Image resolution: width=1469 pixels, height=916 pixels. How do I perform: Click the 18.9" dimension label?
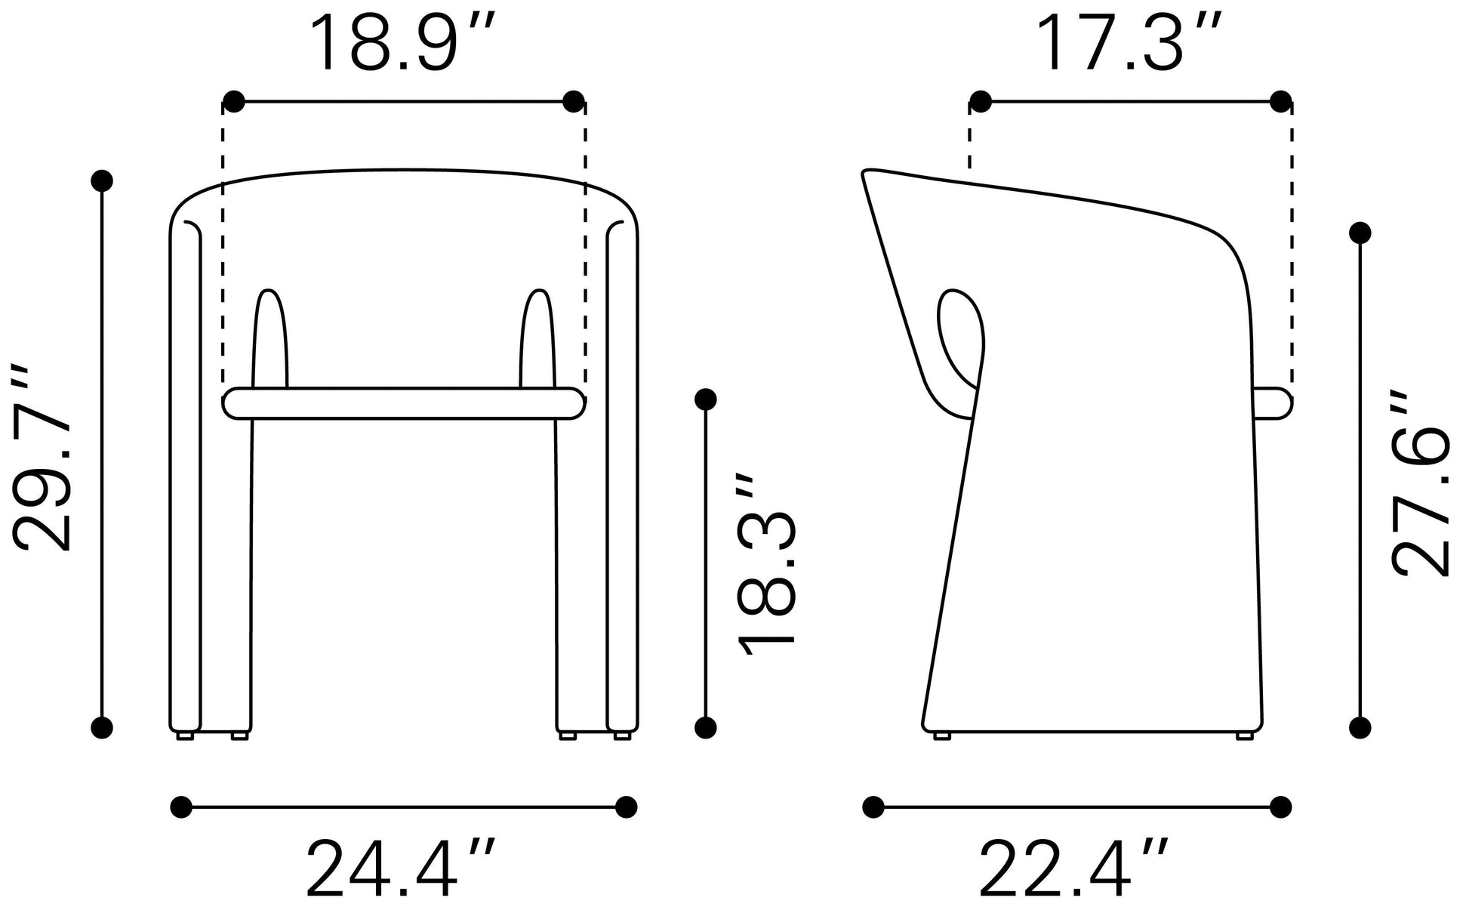tap(404, 43)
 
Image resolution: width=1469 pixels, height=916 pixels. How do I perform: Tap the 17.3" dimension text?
tap(1130, 43)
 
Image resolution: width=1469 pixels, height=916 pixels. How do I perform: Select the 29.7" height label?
tap(43, 457)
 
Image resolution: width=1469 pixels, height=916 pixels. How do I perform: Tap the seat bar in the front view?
tap(404, 403)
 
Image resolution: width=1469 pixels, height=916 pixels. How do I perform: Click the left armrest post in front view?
tap(269, 338)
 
